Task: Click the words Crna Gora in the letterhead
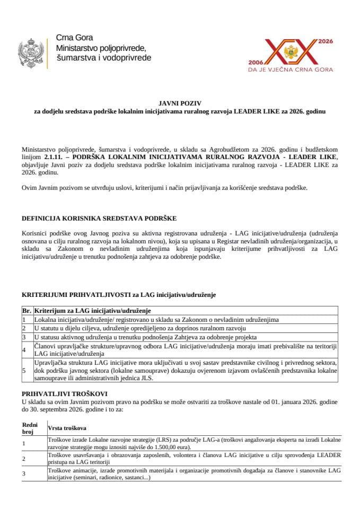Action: [x=74, y=38]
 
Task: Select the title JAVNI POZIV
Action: [x=180, y=103]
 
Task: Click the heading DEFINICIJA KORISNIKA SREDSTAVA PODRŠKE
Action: [x=99, y=218]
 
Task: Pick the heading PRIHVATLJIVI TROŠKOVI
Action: [x=65, y=394]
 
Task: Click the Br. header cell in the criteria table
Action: [x=27, y=310]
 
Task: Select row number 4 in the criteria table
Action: [x=24, y=349]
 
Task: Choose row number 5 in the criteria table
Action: [x=24, y=370]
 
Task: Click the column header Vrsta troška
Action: [x=68, y=427]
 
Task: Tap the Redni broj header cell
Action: [x=28, y=428]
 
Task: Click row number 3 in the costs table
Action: [x=24, y=473]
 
